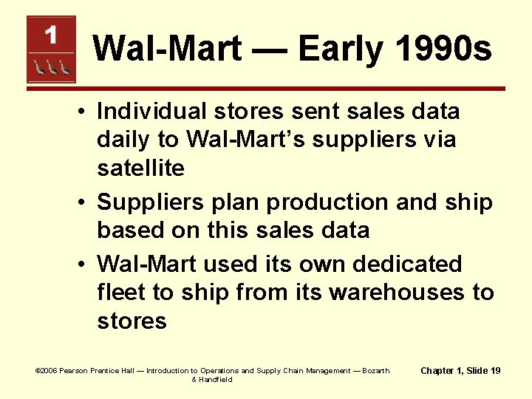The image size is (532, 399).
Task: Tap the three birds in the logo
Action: coord(51,67)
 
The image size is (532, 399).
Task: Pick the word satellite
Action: coord(140,168)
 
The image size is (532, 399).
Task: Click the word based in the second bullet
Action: coord(129,231)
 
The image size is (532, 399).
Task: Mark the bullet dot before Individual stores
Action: coord(86,112)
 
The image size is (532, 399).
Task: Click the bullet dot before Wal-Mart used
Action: coord(86,265)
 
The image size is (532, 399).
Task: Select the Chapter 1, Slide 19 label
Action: coord(460,370)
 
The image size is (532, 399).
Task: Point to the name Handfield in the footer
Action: coord(215,379)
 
